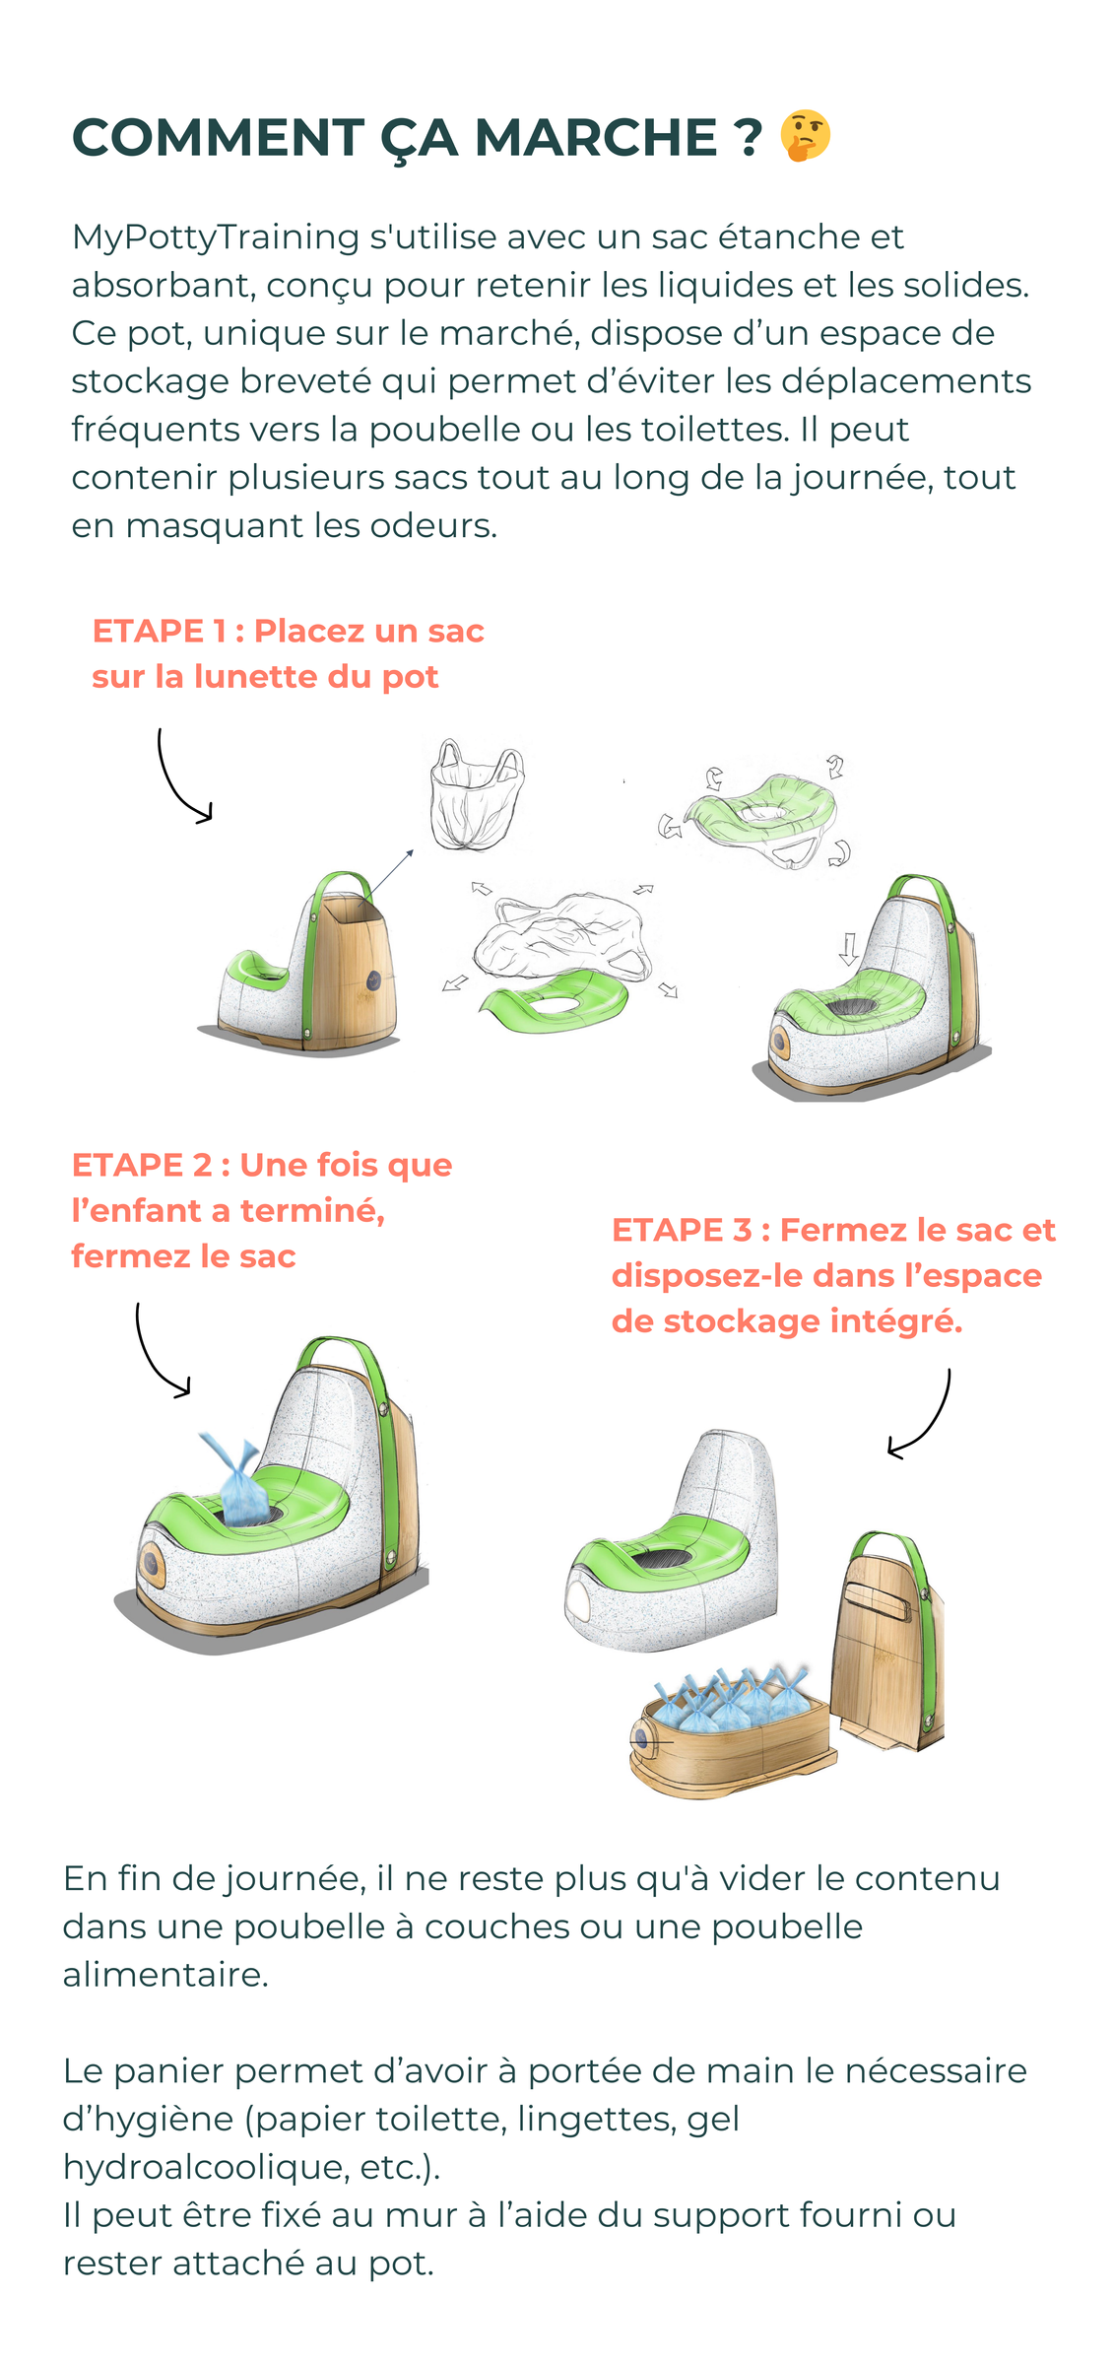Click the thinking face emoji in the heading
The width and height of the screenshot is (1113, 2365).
pos(804,136)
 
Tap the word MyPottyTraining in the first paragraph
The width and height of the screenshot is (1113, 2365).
pos(215,237)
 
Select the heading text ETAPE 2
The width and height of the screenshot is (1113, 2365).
pos(141,1165)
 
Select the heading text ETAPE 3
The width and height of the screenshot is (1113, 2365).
pos(681,1230)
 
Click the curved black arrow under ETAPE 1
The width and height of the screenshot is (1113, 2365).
pos(180,778)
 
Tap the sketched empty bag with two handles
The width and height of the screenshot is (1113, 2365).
pos(477,795)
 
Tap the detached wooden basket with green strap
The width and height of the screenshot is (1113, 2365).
pos(887,1640)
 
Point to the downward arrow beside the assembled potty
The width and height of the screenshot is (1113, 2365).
pos(848,948)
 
